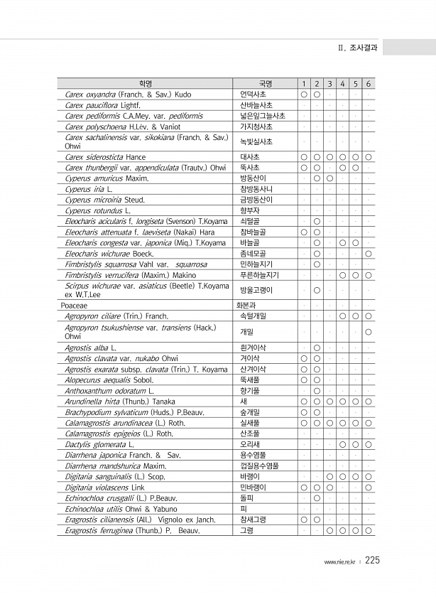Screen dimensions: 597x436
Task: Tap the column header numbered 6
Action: [x=369, y=84]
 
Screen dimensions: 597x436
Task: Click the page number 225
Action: [x=373, y=561]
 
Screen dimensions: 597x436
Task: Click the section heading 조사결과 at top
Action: [x=362, y=48]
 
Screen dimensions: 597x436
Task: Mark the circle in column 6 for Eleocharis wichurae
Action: [x=369, y=253]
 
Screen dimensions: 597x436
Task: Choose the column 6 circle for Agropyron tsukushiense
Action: [x=369, y=332]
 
